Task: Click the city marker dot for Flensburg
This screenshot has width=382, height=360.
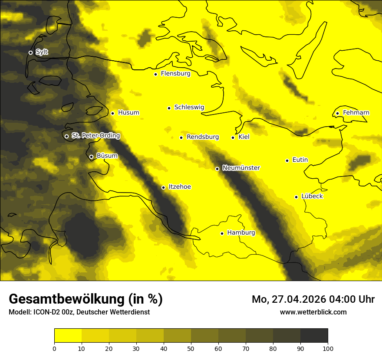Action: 155,74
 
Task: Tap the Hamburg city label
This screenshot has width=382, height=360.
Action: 241,233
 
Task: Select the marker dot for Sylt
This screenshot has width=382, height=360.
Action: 30,52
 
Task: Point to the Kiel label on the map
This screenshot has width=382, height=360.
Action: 244,137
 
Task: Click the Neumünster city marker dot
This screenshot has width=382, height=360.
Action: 217,169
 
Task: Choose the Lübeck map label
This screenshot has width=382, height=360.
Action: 312,196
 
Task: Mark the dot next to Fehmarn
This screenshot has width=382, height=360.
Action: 337,114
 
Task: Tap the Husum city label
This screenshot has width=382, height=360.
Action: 128,113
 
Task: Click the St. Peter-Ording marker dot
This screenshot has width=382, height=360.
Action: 66,136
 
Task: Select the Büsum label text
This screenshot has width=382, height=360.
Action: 107,156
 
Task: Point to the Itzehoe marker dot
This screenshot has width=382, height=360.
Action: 163,187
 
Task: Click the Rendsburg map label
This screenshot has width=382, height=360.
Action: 203,137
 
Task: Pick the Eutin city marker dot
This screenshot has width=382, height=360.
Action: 287,160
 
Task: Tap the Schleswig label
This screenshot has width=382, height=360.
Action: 189,107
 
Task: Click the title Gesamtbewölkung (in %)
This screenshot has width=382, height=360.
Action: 86,299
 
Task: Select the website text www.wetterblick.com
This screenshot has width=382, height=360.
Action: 313,312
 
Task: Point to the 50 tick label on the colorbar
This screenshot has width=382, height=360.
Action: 191,348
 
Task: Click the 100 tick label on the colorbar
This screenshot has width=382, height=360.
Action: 328,348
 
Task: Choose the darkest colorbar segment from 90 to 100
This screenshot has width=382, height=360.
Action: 314,336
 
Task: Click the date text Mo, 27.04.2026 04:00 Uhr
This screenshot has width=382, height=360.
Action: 313,299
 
